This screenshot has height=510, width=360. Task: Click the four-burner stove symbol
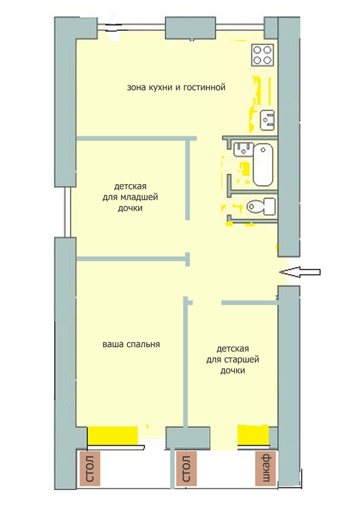[x=262, y=55]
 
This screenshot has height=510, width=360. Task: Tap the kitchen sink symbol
[x=268, y=120]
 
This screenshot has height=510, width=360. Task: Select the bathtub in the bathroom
[x=263, y=165]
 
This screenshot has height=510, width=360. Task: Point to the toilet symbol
[x=261, y=206]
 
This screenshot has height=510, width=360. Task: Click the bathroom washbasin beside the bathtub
[x=244, y=149]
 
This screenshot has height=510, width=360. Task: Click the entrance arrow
[x=300, y=272]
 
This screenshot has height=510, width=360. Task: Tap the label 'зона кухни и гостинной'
[x=176, y=87]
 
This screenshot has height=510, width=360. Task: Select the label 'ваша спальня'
[x=131, y=344]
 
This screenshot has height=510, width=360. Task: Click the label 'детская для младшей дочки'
[x=130, y=197]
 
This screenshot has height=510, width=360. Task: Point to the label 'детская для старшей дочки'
[x=233, y=360]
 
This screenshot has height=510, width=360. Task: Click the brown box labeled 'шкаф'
[x=266, y=468]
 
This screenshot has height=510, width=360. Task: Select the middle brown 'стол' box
[x=186, y=468]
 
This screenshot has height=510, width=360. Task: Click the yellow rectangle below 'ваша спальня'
[x=112, y=436]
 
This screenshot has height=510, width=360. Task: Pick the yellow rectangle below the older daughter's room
[x=253, y=435]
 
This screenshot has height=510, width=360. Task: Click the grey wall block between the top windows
[x=191, y=28]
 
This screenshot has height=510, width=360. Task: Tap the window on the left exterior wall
[x=67, y=212]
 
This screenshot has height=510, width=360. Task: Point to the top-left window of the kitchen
[x=131, y=27]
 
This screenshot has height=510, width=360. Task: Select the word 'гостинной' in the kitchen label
[x=204, y=87]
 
